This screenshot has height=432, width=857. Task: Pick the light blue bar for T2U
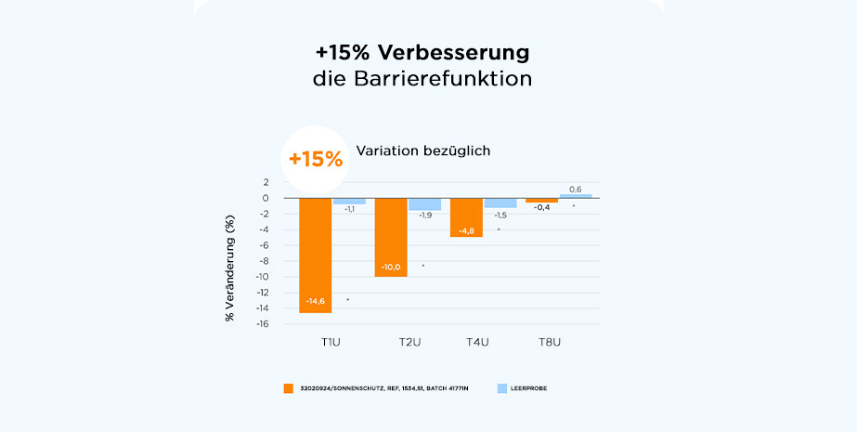pos(425,204)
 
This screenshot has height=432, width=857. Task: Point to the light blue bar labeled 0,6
pos(576,196)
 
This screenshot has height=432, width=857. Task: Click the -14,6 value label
pos(315,301)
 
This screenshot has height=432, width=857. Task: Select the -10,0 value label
pos(391,268)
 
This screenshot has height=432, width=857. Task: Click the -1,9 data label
pos(425,216)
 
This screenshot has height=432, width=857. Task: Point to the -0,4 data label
pos(541,207)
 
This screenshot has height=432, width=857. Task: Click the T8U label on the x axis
pos(550,343)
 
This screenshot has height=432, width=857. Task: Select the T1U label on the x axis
pos(330,343)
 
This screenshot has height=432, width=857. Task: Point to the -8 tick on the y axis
pos(265,261)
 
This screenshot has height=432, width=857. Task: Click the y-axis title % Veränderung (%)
pos(229,268)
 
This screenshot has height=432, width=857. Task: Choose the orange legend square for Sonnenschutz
pos(289,387)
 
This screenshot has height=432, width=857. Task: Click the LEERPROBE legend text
pos(529,387)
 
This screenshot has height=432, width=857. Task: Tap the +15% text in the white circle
pos(315,158)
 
